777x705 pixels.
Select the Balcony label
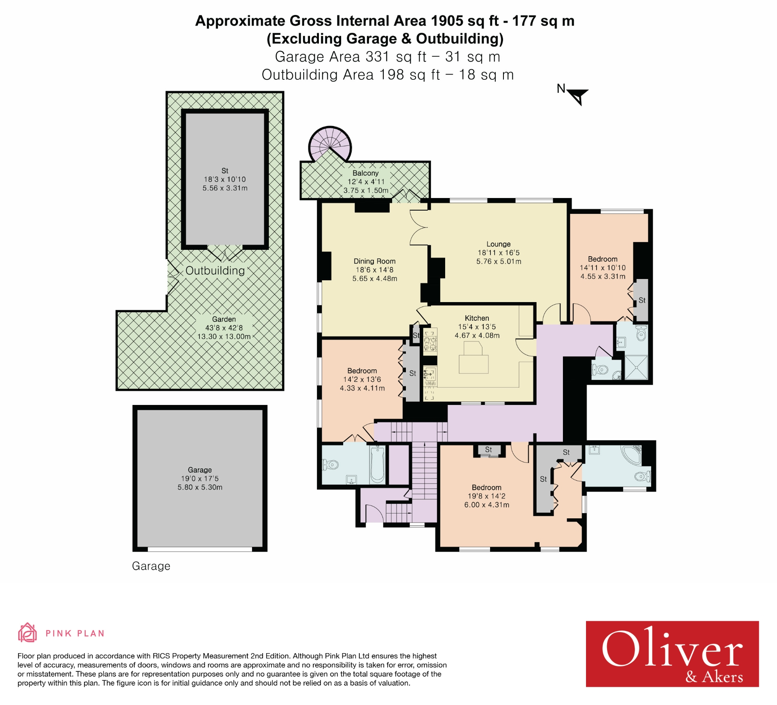pos(365,173)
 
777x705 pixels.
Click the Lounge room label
pos(498,244)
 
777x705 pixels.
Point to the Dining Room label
pos(374,261)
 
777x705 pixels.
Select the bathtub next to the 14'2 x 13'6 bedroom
pos(378,464)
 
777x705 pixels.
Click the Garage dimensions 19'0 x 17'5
pos(200,479)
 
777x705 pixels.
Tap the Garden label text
pos(224,319)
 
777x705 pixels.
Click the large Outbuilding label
pos(215,270)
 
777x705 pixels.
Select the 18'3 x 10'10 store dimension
pos(225,179)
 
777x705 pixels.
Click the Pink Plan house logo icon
pos(27,633)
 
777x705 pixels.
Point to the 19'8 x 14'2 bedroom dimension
pos(486,496)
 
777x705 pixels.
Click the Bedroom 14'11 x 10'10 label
pos(602,259)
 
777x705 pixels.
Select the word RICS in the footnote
pos(161,656)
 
